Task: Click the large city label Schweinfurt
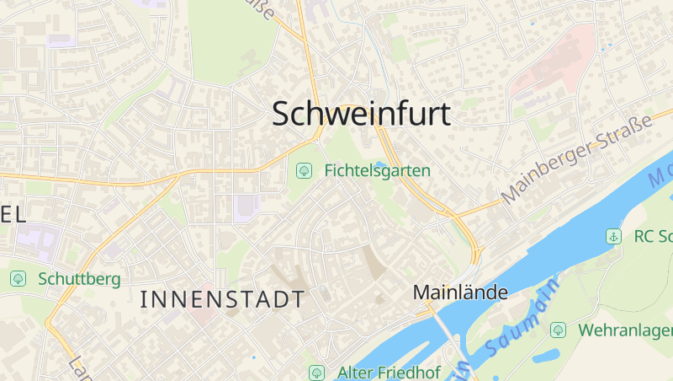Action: (x=361, y=115)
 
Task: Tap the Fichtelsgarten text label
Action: (x=377, y=170)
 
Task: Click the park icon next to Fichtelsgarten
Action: (x=304, y=170)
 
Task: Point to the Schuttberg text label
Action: (x=79, y=278)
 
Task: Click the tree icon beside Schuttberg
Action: (x=18, y=278)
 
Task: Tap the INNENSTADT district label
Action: (x=221, y=298)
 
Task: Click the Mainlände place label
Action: (x=460, y=292)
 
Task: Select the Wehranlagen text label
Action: (x=625, y=330)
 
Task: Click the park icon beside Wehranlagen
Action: (x=558, y=330)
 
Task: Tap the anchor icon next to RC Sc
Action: (x=613, y=237)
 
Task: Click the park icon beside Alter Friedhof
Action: (x=316, y=372)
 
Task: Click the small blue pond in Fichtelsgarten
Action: (x=383, y=164)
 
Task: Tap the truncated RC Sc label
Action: (x=653, y=237)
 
